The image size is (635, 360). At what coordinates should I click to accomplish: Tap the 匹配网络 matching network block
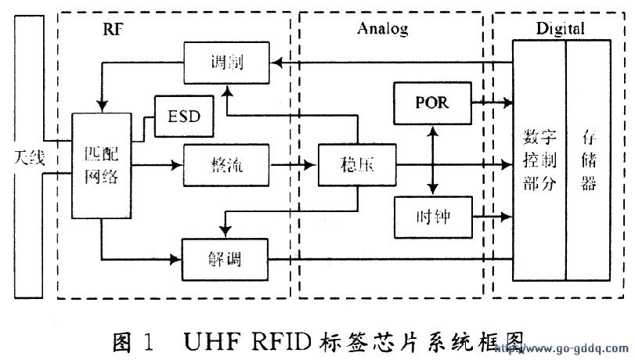click(x=99, y=166)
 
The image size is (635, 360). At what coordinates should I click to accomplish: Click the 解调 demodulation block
click(x=225, y=258)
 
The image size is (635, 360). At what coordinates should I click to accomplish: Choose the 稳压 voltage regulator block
click(x=357, y=166)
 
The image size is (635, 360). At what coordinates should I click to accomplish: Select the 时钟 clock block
click(x=431, y=216)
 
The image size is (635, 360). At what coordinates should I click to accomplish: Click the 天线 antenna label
click(x=28, y=159)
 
